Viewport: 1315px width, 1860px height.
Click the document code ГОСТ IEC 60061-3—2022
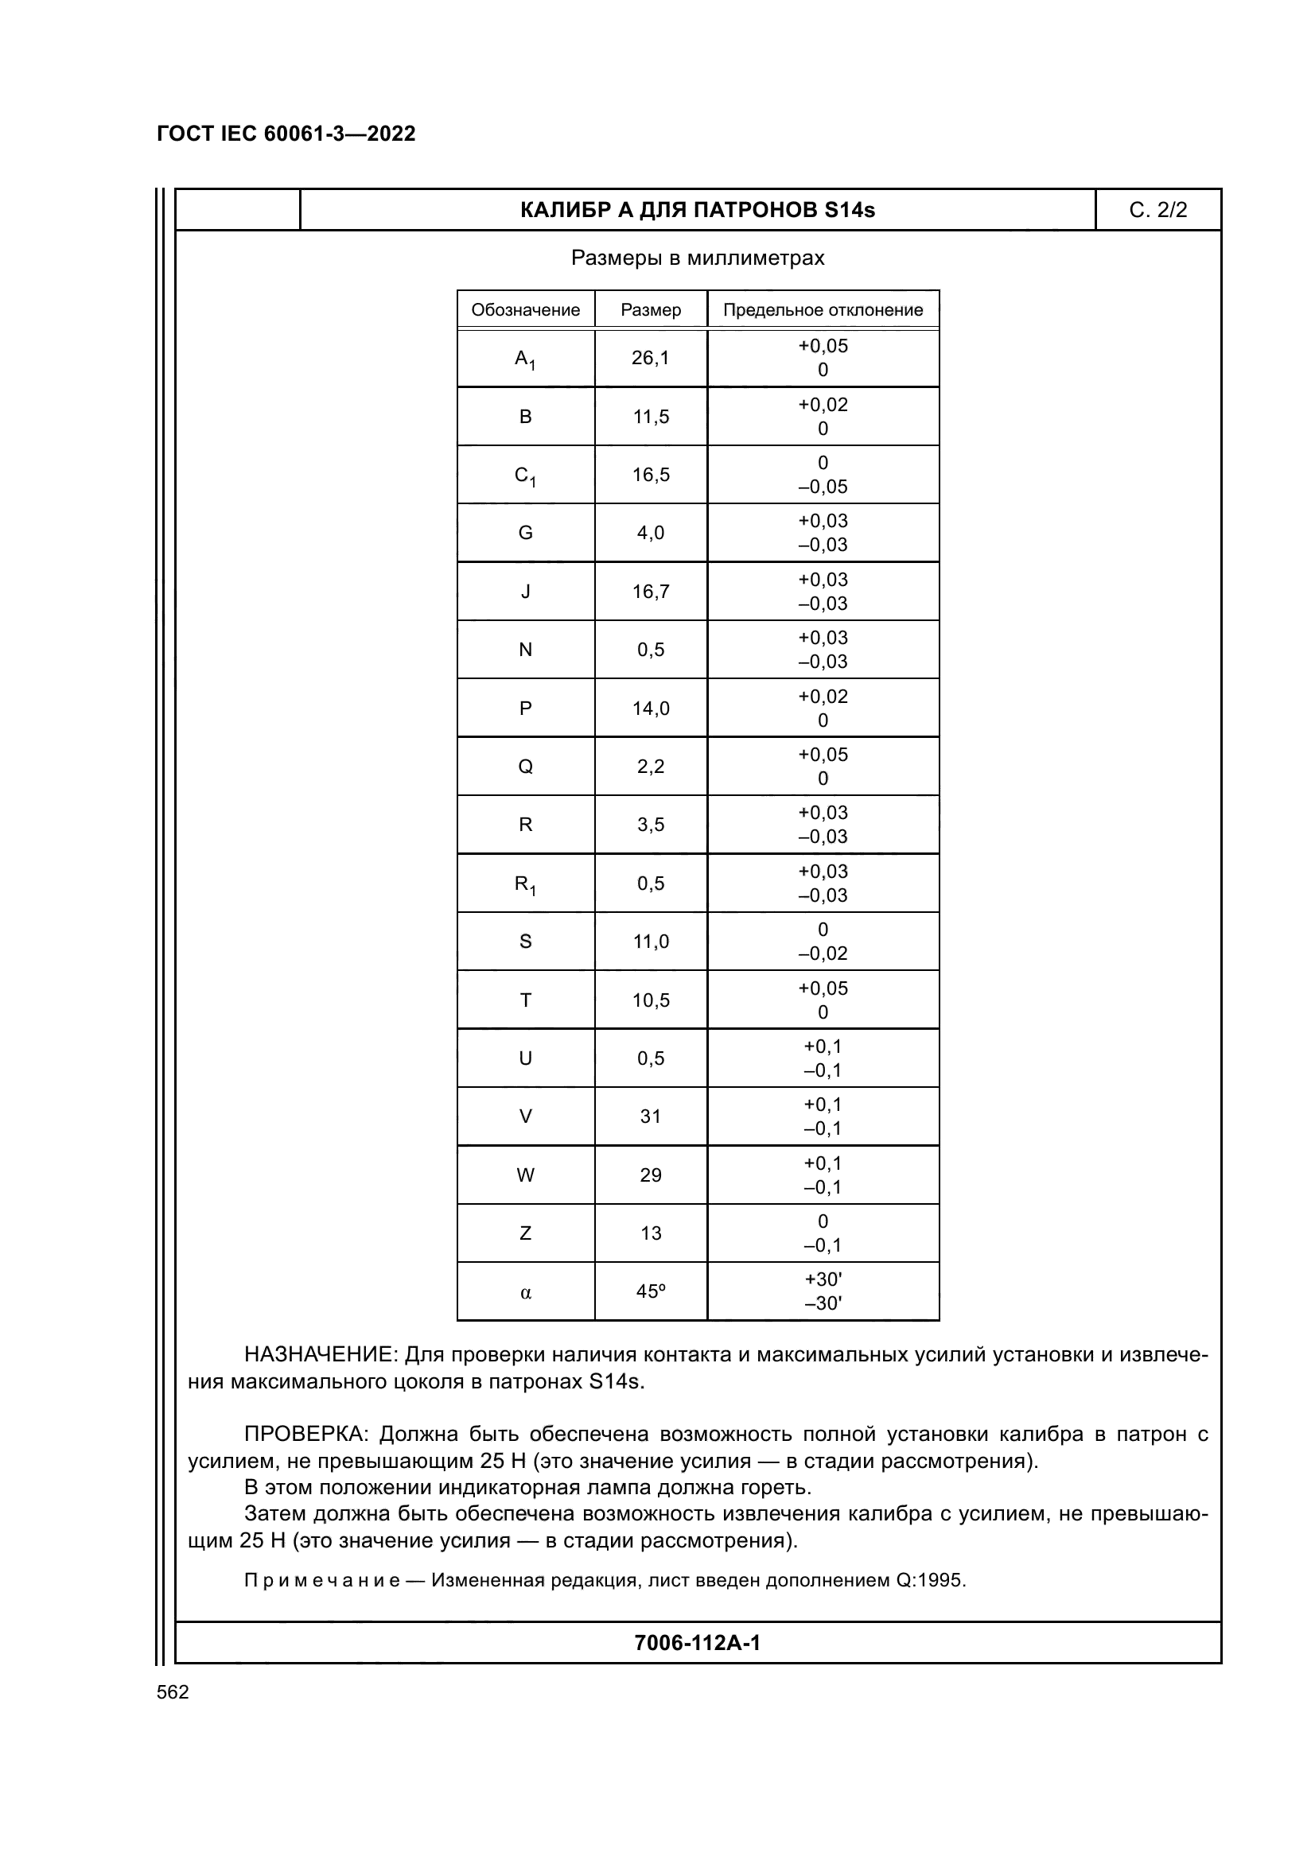point(286,134)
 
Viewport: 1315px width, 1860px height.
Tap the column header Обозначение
point(525,310)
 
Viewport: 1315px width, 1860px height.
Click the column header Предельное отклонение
point(823,310)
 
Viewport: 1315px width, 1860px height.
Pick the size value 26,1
point(651,358)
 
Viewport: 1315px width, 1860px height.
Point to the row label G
point(525,533)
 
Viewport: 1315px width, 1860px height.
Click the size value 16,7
point(651,592)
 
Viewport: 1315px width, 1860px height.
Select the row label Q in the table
point(525,767)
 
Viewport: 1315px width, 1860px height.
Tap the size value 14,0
point(651,709)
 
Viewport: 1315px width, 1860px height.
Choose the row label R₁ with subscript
point(525,883)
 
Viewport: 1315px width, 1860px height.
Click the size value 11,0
point(651,942)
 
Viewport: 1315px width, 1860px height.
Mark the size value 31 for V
point(651,1116)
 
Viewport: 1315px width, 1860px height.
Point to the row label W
point(525,1175)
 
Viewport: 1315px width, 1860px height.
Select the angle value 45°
point(651,1292)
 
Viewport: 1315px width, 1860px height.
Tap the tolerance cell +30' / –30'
point(823,1291)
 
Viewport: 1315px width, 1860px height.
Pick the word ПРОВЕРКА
point(305,1435)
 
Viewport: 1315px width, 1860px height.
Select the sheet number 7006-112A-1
point(697,1643)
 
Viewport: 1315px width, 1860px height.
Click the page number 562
point(173,1692)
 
